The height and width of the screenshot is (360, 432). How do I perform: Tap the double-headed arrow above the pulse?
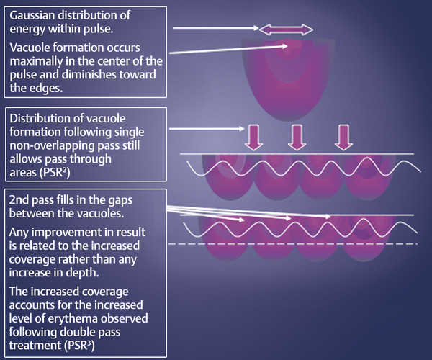(286, 30)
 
